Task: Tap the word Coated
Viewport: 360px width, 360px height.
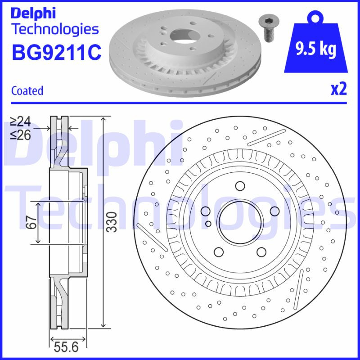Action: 27,90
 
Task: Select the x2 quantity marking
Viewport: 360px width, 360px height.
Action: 338,89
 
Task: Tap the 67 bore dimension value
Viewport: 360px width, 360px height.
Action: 31,223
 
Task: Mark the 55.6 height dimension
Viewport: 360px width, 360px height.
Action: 66,347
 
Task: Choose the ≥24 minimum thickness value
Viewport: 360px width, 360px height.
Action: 21,121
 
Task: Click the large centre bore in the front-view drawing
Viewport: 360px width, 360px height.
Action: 239,220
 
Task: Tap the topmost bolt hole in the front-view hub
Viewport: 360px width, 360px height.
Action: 240,186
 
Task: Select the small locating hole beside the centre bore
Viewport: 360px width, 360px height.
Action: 208,223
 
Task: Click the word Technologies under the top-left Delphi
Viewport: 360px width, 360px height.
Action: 54,29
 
